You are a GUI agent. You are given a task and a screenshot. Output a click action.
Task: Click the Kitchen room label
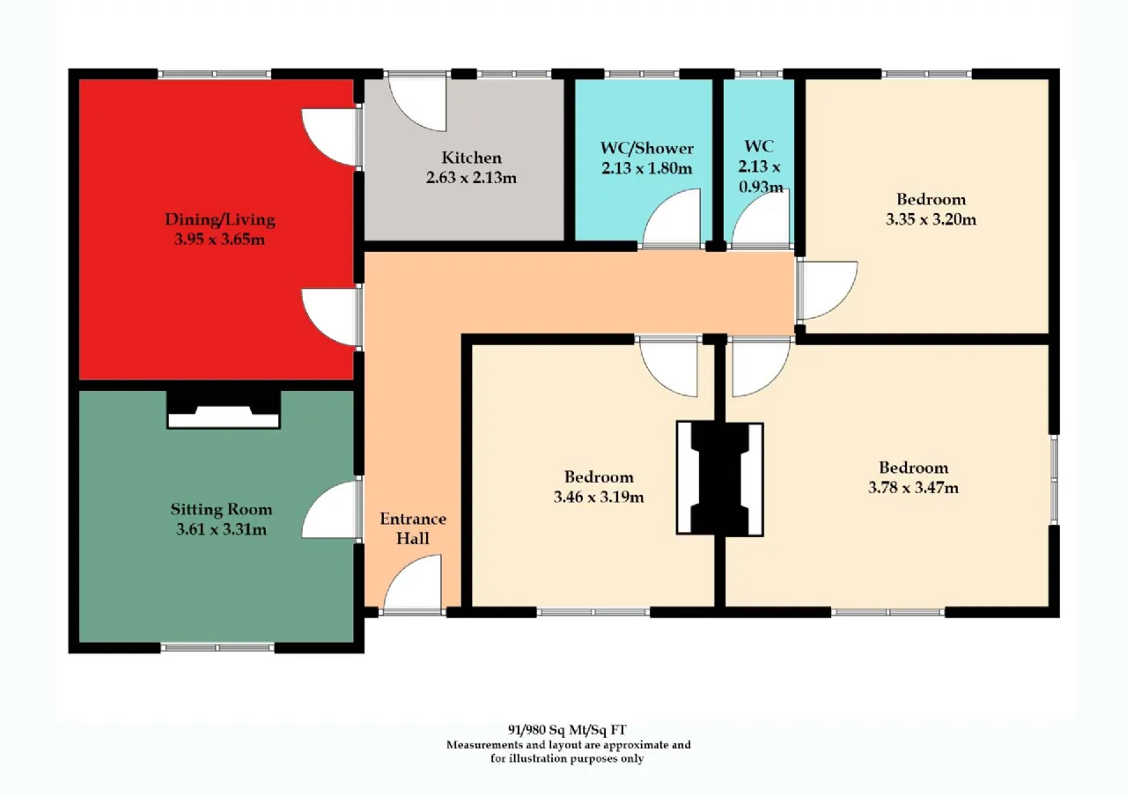[x=471, y=158]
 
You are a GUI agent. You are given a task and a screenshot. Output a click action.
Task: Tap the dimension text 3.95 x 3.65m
[x=219, y=239]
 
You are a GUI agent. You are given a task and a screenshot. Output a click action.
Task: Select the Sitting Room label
[x=221, y=509]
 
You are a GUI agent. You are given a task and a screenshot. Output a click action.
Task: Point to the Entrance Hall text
[x=413, y=528]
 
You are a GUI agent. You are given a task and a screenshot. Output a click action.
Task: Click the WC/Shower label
[x=647, y=148]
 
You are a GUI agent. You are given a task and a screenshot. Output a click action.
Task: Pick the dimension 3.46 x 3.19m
[x=599, y=497]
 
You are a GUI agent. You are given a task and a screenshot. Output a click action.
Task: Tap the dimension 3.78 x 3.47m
[x=913, y=488]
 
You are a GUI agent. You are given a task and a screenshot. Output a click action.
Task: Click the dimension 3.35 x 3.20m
[x=931, y=219]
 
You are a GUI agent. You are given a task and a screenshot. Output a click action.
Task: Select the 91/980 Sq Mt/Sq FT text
[x=567, y=729]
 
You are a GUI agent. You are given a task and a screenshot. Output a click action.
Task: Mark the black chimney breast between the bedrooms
[x=720, y=479]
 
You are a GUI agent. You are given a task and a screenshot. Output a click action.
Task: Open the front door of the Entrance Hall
[x=413, y=585]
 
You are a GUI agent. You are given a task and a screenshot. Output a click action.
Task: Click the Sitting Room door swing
[x=329, y=509]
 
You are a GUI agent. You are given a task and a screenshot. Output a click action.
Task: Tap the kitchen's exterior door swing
[x=417, y=101]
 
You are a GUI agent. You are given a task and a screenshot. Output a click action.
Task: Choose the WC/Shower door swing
[x=672, y=218]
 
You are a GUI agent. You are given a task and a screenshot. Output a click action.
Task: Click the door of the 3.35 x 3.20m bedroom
[x=828, y=291]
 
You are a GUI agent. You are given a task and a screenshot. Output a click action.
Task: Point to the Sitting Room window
[x=217, y=647]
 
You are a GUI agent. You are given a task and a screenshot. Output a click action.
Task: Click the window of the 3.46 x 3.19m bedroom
[x=593, y=612]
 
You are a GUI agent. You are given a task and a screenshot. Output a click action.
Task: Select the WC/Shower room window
[x=642, y=74]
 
